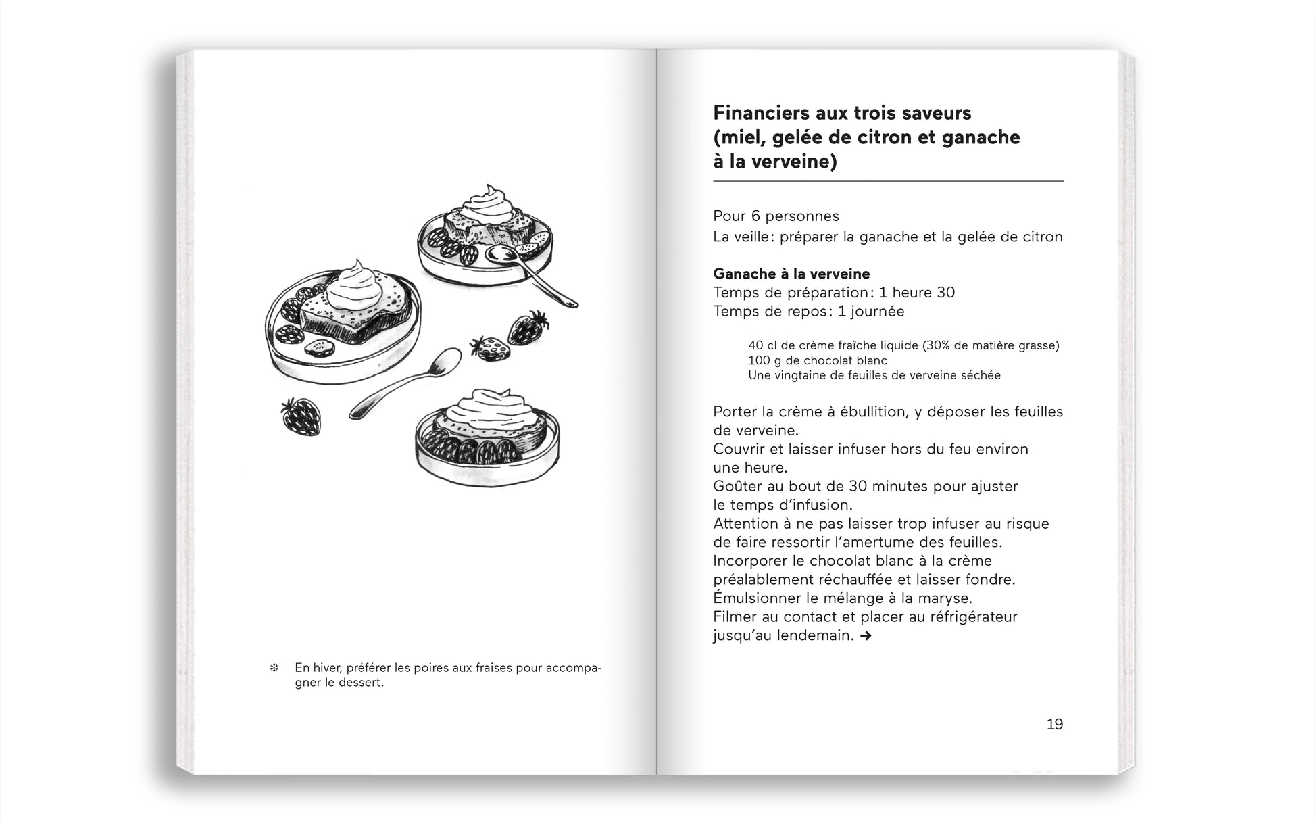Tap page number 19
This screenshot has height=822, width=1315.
click(x=1054, y=724)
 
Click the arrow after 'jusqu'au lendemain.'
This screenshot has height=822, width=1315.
click(x=866, y=636)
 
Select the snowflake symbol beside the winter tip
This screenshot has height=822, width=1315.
click(x=274, y=668)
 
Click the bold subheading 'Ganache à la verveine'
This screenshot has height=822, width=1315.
click(x=791, y=274)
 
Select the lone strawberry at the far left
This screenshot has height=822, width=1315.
click(x=301, y=415)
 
